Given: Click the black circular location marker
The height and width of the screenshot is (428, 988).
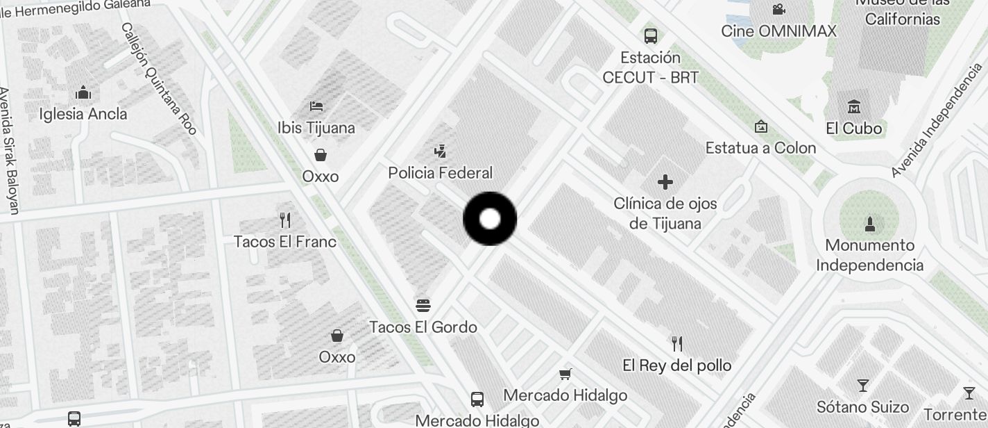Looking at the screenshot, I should tap(490, 219).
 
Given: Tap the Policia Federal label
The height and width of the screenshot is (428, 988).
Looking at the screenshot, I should tap(440, 173).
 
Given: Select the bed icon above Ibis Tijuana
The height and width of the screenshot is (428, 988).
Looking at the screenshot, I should tap(316, 106).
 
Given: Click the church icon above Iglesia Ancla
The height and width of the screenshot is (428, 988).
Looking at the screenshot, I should tap(83, 92).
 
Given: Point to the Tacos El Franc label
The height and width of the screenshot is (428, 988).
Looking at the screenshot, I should tap(285, 242).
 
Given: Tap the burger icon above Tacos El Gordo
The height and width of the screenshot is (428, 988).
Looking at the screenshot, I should tap(423, 305).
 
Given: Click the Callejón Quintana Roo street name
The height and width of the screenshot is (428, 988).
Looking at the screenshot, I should tap(160, 78).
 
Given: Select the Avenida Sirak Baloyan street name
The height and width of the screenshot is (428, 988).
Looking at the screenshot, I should tap(9, 149).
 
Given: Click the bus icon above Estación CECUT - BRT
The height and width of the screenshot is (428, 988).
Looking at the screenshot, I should tap(651, 35).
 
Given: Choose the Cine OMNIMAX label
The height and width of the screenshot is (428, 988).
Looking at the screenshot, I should tap(778, 31).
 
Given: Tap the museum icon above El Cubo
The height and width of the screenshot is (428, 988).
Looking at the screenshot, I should tap(854, 107).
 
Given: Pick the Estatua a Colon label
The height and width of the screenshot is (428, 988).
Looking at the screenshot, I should tap(760, 148).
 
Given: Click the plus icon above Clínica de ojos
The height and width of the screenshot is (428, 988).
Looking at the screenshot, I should tap(665, 182).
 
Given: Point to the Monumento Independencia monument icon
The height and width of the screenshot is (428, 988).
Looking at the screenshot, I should tap(870, 224).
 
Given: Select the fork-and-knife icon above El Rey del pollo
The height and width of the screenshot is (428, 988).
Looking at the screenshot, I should tap(677, 343).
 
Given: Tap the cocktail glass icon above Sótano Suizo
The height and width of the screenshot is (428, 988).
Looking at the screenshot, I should tap(863, 385).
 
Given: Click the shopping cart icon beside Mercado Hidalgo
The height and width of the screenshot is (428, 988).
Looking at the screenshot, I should tap(565, 374).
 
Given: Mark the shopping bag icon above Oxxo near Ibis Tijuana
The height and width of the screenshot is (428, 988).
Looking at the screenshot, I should tap(321, 154).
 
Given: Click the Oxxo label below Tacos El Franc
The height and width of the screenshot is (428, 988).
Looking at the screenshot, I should tap(337, 357).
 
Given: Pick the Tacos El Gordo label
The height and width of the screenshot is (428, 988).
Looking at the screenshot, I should tap(423, 327).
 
